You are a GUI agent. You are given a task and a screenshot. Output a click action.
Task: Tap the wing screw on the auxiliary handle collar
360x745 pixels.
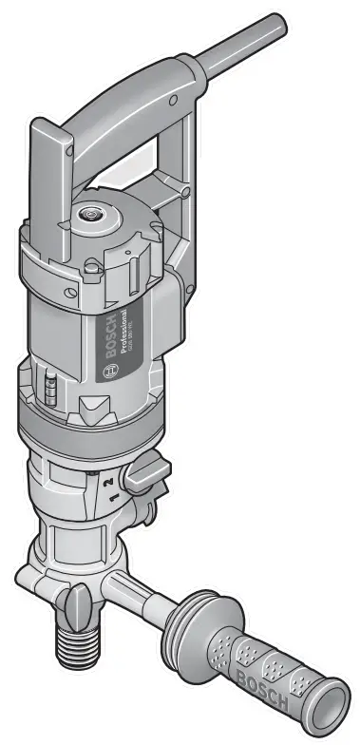80,601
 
